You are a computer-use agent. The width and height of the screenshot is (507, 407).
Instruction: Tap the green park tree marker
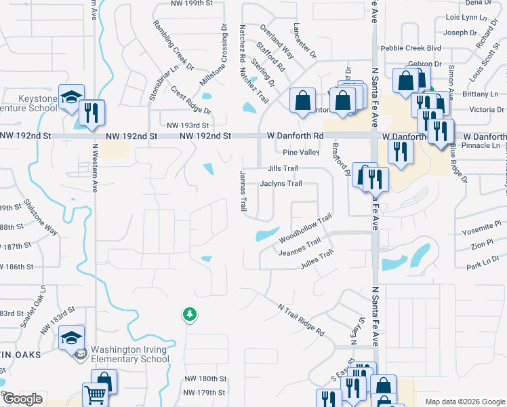[190, 314]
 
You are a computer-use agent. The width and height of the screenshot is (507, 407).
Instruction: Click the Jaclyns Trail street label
[281, 183]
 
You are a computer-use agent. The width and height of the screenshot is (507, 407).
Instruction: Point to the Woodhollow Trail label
[304, 229]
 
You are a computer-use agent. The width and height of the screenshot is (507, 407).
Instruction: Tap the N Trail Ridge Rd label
[301, 319]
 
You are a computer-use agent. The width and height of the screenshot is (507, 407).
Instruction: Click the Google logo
[22, 399]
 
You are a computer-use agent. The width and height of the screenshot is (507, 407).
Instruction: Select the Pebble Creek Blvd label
[411, 48]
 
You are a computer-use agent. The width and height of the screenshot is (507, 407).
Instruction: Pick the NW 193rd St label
[188, 125]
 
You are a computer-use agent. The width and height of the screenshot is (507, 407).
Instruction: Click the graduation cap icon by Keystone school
[70, 97]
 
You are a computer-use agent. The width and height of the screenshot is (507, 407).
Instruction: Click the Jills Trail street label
[283, 168]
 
